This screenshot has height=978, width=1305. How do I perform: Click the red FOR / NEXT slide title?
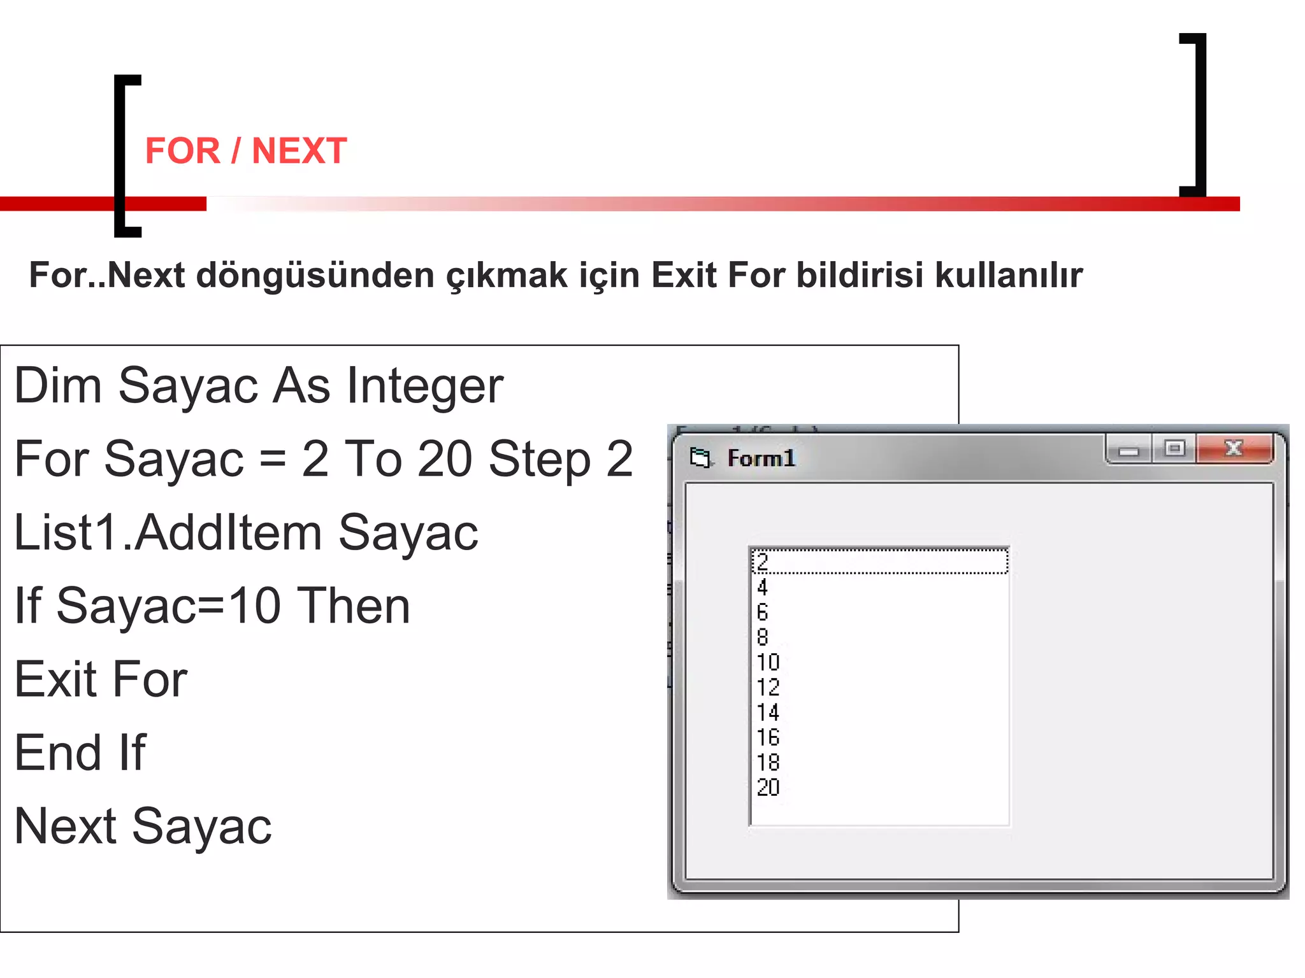point(246,151)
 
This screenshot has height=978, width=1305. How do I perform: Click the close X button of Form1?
point(1234,449)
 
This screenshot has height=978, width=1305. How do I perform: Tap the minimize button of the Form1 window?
point(1128,450)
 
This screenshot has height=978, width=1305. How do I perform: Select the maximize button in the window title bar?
point(1174,449)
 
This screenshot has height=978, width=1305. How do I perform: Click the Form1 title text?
point(761,458)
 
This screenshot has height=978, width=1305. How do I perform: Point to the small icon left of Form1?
point(700,458)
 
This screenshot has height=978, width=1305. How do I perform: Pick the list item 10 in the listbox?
point(768,662)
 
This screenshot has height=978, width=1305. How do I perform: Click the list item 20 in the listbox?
point(768,788)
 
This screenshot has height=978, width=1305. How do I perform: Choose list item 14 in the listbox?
point(768,712)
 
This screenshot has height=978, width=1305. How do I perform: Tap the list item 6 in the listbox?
point(763,613)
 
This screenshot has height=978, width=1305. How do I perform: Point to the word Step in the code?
point(540,459)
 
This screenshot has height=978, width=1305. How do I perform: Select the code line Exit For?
point(101,679)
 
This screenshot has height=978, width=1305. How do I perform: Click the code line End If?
point(80,753)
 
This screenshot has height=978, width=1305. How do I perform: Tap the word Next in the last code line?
point(66,826)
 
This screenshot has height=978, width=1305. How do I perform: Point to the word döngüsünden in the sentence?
point(315,276)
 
